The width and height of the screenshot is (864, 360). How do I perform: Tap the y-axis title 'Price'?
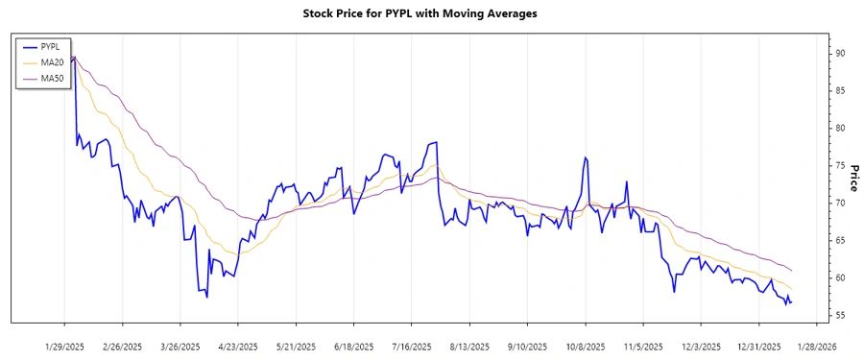tap(852, 178)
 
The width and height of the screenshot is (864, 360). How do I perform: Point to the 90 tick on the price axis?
tap(840, 54)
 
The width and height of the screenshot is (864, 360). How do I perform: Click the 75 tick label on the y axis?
tap(840, 165)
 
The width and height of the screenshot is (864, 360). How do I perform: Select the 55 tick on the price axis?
tap(840, 315)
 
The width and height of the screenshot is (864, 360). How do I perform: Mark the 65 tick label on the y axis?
tap(840, 240)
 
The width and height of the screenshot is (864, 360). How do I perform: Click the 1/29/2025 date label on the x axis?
tap(64, 346)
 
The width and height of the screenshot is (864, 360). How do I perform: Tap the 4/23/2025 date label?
tap(238, 346)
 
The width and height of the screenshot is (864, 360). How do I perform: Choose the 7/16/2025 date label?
tap(411, 346)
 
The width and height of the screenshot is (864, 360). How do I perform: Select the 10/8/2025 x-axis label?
tap(584, 346)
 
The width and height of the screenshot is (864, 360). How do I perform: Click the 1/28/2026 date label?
tap(815, 346)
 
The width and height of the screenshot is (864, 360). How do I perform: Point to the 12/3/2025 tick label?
tap(700, 346)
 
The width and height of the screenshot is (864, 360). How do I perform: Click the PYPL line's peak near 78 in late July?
tap(436, 142)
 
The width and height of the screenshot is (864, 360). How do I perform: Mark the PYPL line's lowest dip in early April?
tap(206, 297)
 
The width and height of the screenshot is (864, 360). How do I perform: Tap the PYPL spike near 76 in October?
tap(584, 157)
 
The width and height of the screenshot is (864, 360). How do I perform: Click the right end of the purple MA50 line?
tap(792, 270)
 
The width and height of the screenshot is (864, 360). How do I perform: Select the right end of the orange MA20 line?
tap(792, 289)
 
